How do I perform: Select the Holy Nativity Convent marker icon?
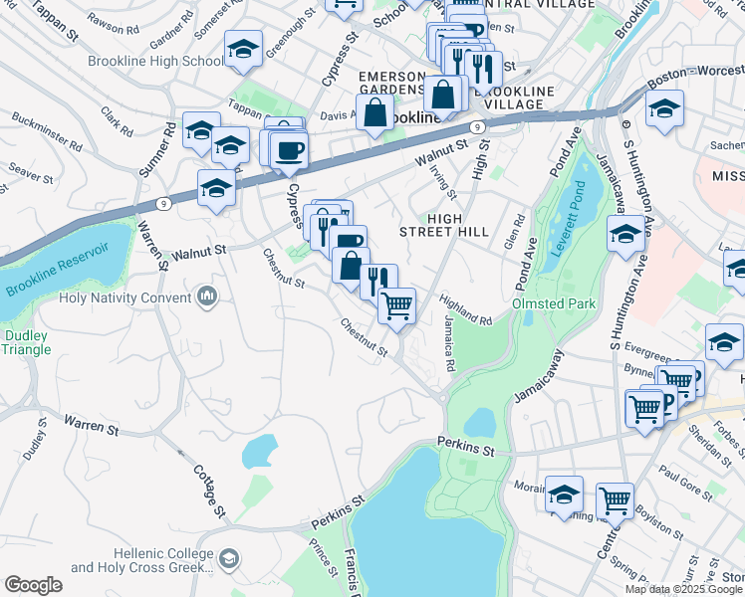(x=207, y=297)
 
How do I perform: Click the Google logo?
(x=33, y=584)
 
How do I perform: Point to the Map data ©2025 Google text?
(x=683, y=589)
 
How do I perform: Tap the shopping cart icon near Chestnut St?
(x=396, y=303)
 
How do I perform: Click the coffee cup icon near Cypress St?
(x=289, y=149)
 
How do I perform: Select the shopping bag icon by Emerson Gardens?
(x=374, y=111)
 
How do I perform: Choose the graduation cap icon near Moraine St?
(x=565, y=494)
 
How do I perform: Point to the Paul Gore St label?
(x=686, y=484)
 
